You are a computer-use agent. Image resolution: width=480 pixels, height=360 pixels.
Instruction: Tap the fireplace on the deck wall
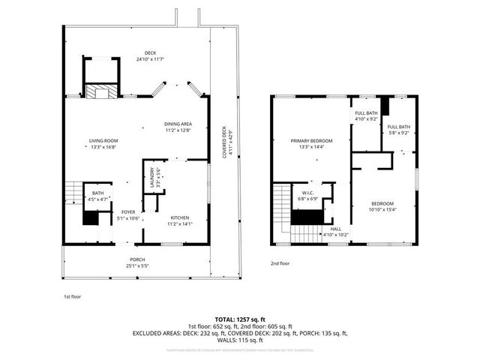tap(98, 92)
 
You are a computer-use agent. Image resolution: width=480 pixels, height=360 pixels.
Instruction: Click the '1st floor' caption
tap(72, 297)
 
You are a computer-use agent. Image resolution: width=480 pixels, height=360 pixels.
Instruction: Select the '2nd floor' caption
tap(282, 263)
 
